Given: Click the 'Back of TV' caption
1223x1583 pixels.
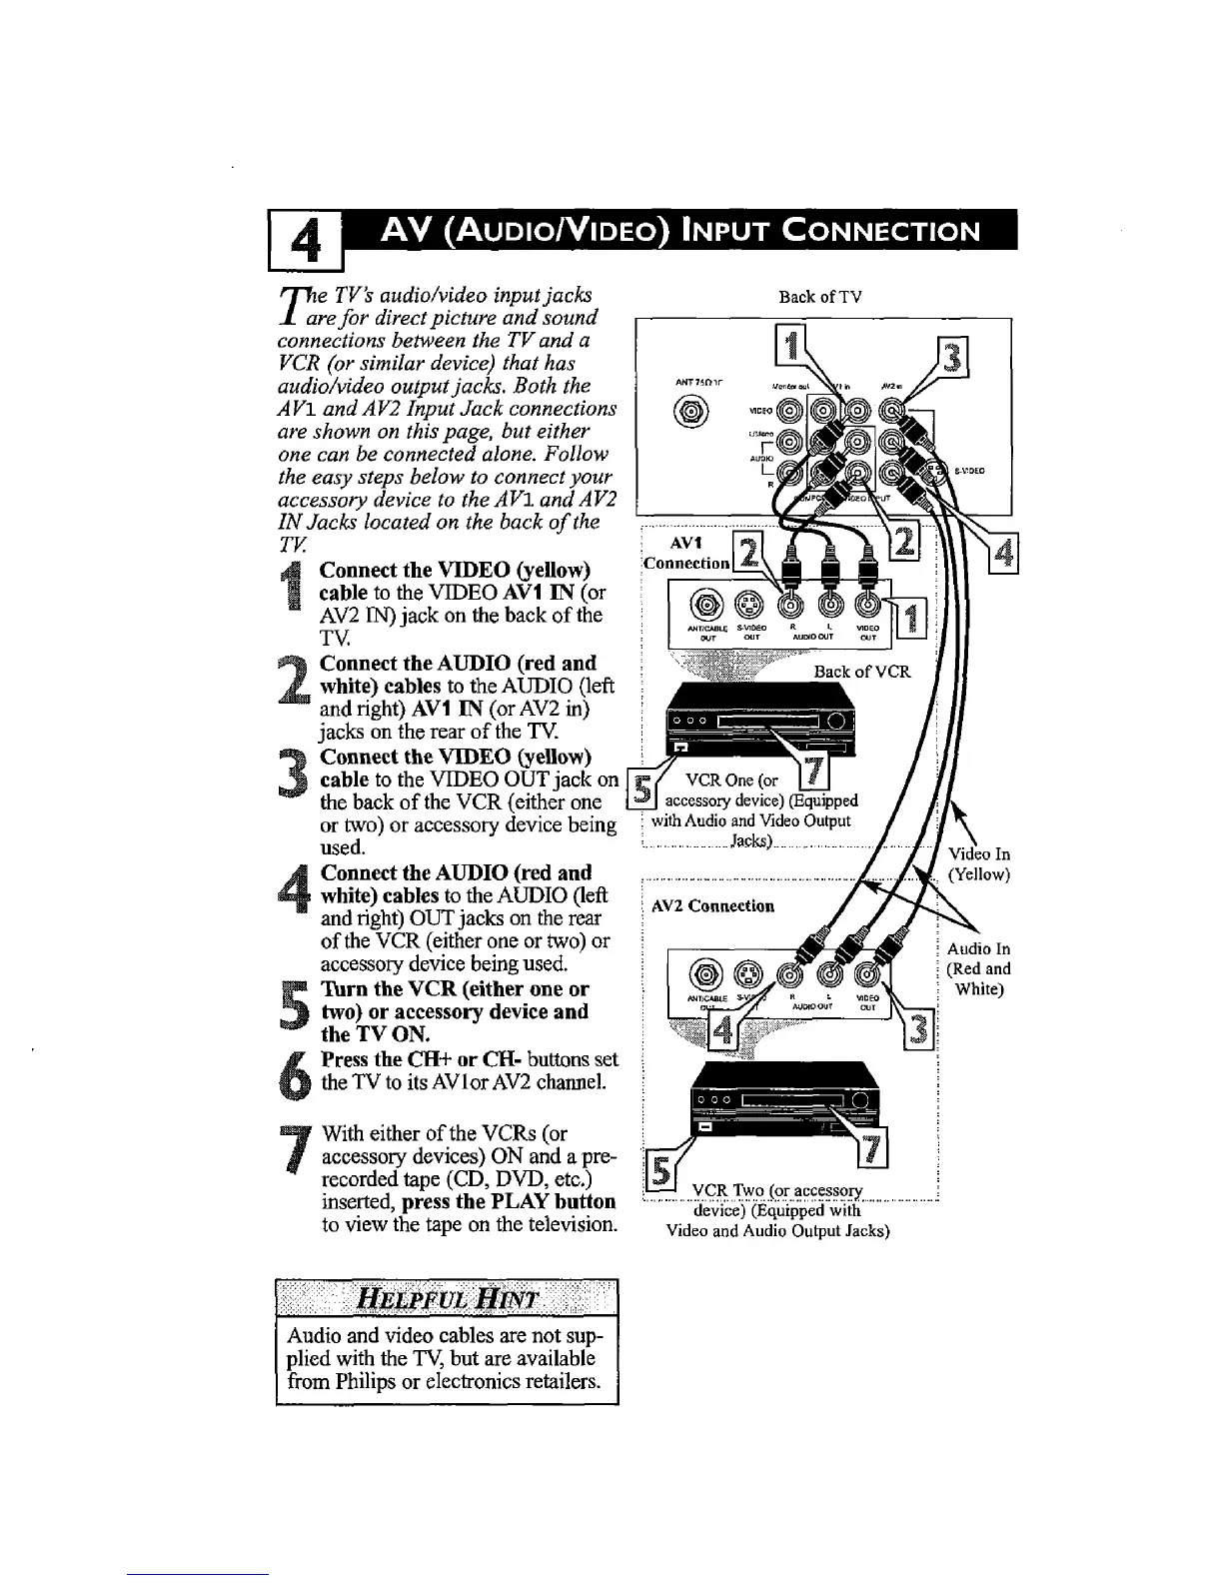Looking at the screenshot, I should click(x=819, y=296).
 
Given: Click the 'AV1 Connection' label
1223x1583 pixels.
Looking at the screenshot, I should click(x=685, y=553).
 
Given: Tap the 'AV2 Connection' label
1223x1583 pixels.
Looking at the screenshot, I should click(x=712, y=906).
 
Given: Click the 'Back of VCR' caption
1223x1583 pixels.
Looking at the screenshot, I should click(x=862, y=672).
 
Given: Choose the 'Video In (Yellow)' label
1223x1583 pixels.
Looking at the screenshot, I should click(x=978, y=864).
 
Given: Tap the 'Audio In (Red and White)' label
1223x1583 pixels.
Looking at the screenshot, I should click(x=978, y=968).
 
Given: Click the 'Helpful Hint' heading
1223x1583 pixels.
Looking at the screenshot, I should click(x=447, y=1299).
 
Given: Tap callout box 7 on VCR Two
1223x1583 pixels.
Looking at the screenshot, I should click(x=873, y=1151).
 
